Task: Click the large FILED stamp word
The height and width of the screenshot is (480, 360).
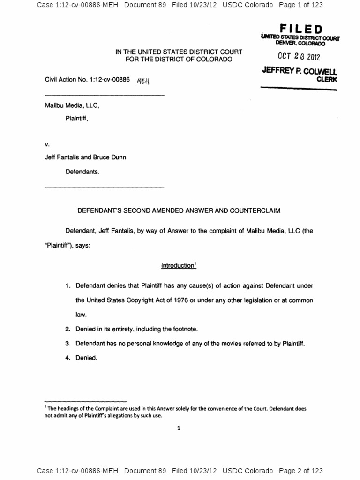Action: click(x=301, y=30)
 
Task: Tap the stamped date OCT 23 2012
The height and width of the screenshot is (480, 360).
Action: click(x=299, y=57)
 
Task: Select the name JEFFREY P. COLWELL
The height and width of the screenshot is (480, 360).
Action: click(x=300, y=72)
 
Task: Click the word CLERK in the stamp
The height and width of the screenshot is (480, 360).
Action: click(x=327, y=80)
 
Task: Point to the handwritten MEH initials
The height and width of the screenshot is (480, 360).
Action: click(x=143, y=81)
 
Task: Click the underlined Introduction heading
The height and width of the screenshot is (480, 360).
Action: click(x=178, y=266)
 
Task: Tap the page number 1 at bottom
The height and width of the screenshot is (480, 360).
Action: click(x=179, y=427)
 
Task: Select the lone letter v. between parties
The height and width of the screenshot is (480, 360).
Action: click(x=47, y=145)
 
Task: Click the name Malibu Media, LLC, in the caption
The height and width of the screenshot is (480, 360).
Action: click(x=72, y=106)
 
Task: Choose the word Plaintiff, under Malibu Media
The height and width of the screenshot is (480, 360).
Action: click(x=76, y=119)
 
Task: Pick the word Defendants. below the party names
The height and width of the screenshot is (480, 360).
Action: click(x=82, y=172)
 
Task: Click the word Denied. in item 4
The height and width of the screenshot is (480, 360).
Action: click(x=86, y=358)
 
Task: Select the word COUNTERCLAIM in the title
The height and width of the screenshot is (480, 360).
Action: click(x=255, y=211)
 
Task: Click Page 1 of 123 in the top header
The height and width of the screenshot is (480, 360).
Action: click(x=300, y=5)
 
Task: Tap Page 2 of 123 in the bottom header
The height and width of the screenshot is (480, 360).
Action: click(x=300, y=471)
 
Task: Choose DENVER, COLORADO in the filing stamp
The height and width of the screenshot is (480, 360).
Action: click(x=300, y=44)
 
